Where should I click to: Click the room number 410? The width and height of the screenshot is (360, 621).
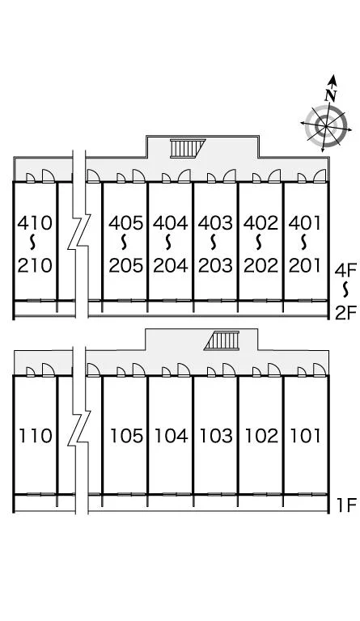[35, 223]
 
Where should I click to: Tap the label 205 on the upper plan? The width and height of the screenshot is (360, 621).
[126, 265]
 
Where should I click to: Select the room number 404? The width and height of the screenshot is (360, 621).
[171, 223]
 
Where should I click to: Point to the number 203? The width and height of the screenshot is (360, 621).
[215, 265]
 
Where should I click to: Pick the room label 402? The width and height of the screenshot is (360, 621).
[261, 223]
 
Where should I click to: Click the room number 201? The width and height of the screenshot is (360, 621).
[304, 265]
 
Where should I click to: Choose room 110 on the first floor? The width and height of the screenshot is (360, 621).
[36, 436]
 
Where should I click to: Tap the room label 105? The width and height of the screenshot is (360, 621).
[126, 436]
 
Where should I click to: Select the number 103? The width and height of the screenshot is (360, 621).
[216, 436]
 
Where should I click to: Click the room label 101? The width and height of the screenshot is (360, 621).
[305, 436]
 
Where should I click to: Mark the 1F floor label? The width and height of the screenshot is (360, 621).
[346, 505]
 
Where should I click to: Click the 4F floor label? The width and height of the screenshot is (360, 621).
[345, 271]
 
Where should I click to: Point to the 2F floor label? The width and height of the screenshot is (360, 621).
[346, 313]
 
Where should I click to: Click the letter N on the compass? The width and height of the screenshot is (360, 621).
[331, 95]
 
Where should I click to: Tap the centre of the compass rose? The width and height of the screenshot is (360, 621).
[326, 126]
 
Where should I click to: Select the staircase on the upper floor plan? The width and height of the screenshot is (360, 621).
[188, 149]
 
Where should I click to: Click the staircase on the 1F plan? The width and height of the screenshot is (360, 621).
[222, 340]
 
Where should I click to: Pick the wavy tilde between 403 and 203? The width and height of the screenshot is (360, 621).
[214, 243]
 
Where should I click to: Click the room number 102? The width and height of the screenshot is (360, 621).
[261, 436]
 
